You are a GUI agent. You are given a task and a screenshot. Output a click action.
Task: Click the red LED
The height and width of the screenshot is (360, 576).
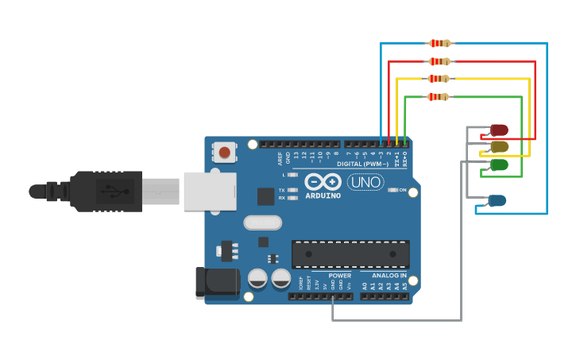(499, 130)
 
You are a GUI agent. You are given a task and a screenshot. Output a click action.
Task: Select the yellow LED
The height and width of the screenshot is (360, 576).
(499, 147)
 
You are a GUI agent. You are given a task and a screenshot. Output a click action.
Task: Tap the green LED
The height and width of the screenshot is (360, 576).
(499, 165)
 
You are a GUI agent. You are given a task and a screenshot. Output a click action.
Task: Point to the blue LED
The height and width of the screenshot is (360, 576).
(497, 201)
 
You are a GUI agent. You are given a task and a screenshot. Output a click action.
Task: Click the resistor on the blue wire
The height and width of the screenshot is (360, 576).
(439, 43)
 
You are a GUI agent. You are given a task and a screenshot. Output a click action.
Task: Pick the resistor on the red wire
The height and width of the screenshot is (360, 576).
(439, 61)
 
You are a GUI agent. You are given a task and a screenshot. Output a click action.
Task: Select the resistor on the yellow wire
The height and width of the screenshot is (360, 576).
(439, 79)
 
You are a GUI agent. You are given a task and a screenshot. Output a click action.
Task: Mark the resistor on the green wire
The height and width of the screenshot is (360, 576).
(438, 97)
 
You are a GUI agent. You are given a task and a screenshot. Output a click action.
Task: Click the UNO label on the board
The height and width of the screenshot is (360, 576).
(365, 182)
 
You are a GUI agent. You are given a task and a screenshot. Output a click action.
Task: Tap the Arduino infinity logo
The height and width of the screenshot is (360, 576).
(323, 182)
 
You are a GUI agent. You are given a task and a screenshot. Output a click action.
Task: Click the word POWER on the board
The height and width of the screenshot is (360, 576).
(339, 276)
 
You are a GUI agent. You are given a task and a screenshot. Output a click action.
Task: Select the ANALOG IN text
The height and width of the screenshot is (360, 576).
(389, 276)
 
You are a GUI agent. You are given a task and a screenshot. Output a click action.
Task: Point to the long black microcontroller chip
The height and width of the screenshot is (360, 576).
(350, 254)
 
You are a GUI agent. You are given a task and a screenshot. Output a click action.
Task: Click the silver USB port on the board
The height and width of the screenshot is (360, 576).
(211, 191)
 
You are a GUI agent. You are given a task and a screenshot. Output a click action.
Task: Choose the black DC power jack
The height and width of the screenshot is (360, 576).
(216, 283)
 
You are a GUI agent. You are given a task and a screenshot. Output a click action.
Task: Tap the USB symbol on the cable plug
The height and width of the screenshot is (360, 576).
(109, 191)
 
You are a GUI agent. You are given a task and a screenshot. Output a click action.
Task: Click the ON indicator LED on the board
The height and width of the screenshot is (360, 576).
(392, 191)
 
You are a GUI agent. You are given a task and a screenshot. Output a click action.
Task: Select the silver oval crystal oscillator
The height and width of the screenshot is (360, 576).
(263, 223)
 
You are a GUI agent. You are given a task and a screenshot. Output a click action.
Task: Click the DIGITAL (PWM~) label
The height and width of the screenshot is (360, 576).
(362, 164)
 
